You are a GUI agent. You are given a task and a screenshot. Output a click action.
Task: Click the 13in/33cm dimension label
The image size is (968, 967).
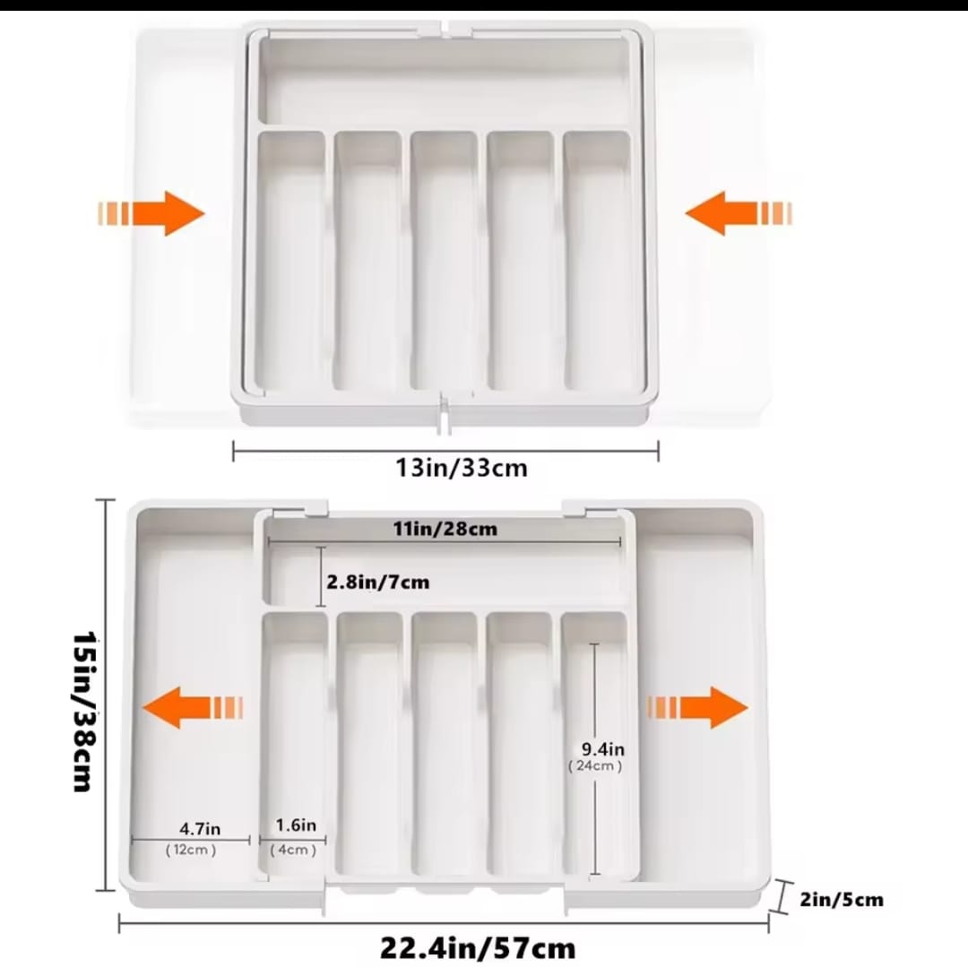[462, 467]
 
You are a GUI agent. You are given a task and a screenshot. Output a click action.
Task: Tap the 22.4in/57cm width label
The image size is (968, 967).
[477, 946]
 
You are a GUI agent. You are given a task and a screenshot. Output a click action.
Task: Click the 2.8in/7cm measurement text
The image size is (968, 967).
[377, 583]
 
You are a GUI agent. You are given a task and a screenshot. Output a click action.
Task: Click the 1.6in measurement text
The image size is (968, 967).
[296, 825]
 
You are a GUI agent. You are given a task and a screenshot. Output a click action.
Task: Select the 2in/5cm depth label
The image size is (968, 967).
[843, 899]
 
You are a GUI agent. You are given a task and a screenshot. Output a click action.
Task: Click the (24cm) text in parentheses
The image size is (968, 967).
[595, 766]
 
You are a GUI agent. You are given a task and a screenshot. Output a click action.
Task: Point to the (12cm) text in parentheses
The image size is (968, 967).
[190, 850]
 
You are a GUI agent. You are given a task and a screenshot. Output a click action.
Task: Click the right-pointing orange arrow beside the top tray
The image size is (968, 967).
[151, 214]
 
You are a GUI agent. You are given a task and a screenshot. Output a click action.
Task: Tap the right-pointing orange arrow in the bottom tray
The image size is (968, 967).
[697, 707]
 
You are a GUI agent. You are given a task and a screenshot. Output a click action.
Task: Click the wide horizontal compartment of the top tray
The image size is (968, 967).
[445, 82]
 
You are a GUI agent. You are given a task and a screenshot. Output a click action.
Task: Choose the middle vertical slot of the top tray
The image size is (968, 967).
[445, 260]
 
